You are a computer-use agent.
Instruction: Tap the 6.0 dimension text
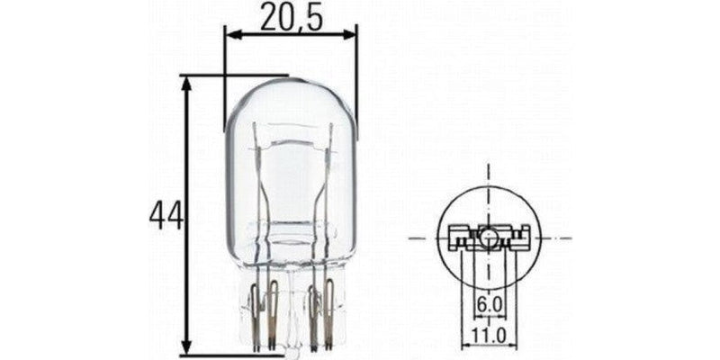[488, 307]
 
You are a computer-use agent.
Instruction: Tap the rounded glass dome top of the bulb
[290, 90]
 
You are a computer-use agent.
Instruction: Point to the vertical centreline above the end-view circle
[487, 180]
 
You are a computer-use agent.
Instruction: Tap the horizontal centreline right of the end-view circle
[558, 238]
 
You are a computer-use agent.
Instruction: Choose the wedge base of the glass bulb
[290, 306]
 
